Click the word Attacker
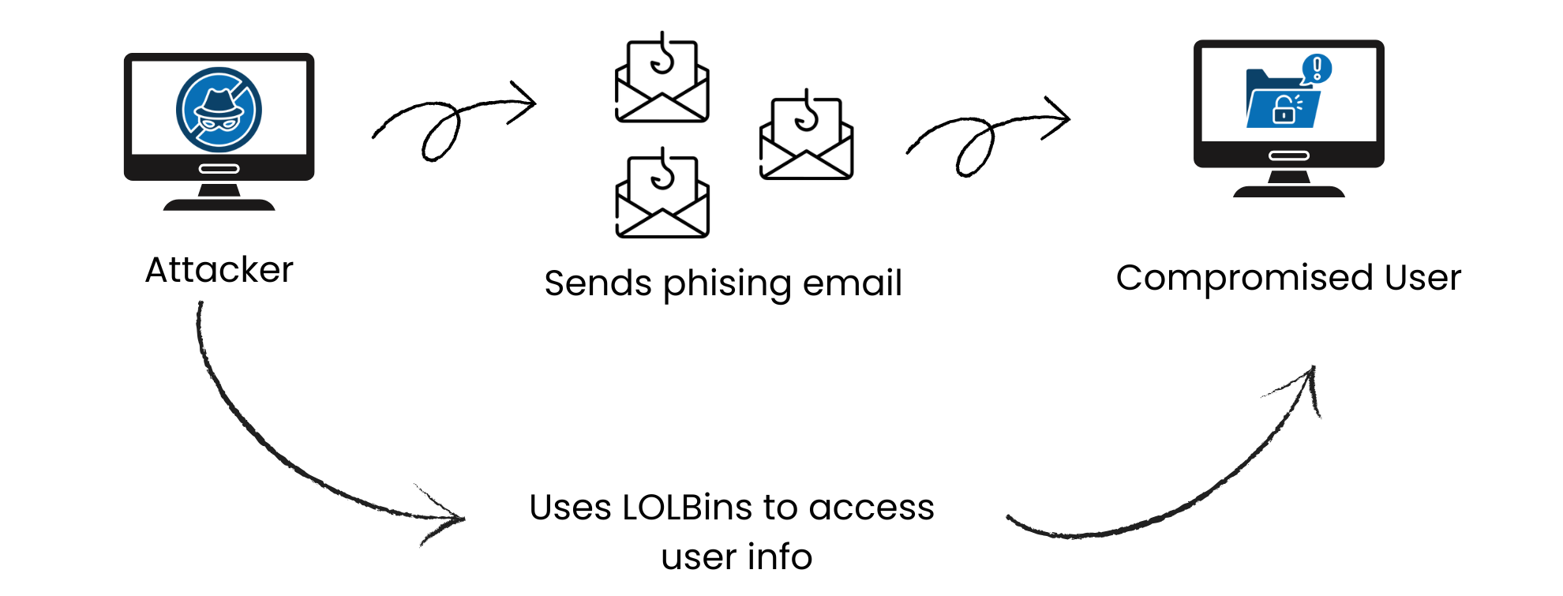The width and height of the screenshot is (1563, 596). [x=219, y=270]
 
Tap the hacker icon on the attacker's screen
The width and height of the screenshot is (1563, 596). [x=219, y=110]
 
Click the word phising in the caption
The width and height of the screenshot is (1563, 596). [x=726, y=284]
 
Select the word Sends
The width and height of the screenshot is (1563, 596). [x=598, y=283]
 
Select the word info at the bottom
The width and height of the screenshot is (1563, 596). [x=779, y=557]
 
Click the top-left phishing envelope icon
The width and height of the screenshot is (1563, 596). [x=662, y=79]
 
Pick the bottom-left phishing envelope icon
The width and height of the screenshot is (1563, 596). [x=662, y=194]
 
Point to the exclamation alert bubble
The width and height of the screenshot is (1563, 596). [x=1317, y=68]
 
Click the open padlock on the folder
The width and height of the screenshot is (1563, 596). [x=1284, y=110]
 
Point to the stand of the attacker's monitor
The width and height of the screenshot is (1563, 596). [x=219, y=197]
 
